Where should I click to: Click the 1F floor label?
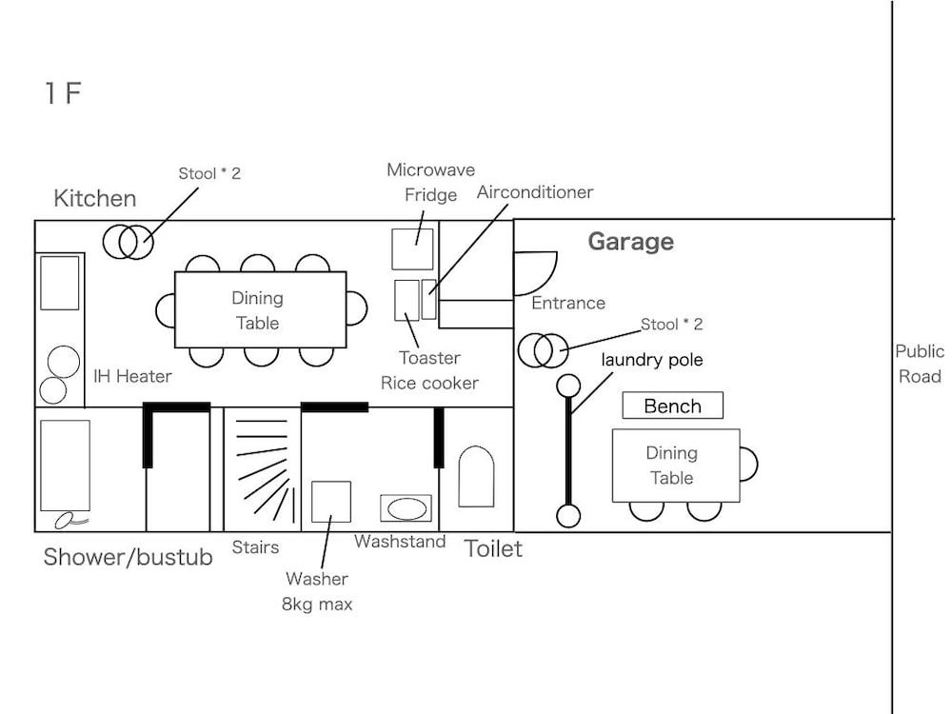coord(63,93)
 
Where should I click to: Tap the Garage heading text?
coord(630,241)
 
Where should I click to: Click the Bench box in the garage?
coord(672,406)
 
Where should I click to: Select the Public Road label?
coord(920,364)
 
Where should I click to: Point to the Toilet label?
coord(493,548)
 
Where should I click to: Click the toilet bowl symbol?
coord(476,477)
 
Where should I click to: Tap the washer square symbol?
coord(331,501)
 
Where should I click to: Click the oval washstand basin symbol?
coord(407,508)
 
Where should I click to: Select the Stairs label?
coord(255,547)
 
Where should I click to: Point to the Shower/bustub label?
coord(128,557)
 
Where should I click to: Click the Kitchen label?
coord(94,198)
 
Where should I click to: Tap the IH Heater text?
coord(132,376)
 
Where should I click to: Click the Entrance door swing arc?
coord(533,271)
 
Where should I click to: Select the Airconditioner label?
coord(535,192)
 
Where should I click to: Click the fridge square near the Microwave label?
coord(412,248)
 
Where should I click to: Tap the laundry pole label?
coord(651,361)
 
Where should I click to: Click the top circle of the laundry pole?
coord(568,386)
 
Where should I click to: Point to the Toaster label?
coord(429,358)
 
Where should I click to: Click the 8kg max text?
coord(317,604)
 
